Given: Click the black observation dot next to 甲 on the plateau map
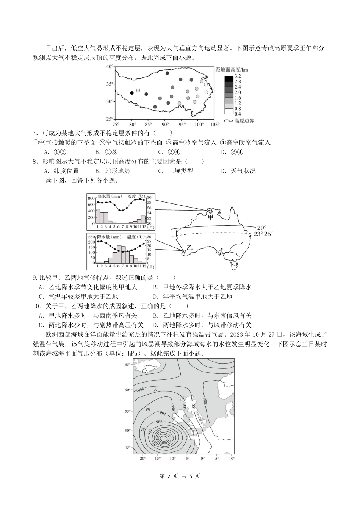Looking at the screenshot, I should (x=132, y=92).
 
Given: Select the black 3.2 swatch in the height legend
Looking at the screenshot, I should (x=229, y=78).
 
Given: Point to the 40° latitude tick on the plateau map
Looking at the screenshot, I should (x=110, y=67).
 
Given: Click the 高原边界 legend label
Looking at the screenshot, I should (x=244, y=121).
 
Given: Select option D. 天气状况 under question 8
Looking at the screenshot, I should (x=238, y=171).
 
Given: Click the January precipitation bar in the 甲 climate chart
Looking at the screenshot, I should (x=98, y=216).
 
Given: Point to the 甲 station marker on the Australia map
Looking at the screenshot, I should (x=206, y=212).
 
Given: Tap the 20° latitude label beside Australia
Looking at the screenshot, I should (x=261, y=228).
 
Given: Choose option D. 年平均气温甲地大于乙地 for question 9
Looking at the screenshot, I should (x=193, y=297).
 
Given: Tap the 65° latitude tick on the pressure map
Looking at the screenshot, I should (x=127, y=365).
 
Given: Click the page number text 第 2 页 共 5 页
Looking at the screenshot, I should (x=180, y=476).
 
